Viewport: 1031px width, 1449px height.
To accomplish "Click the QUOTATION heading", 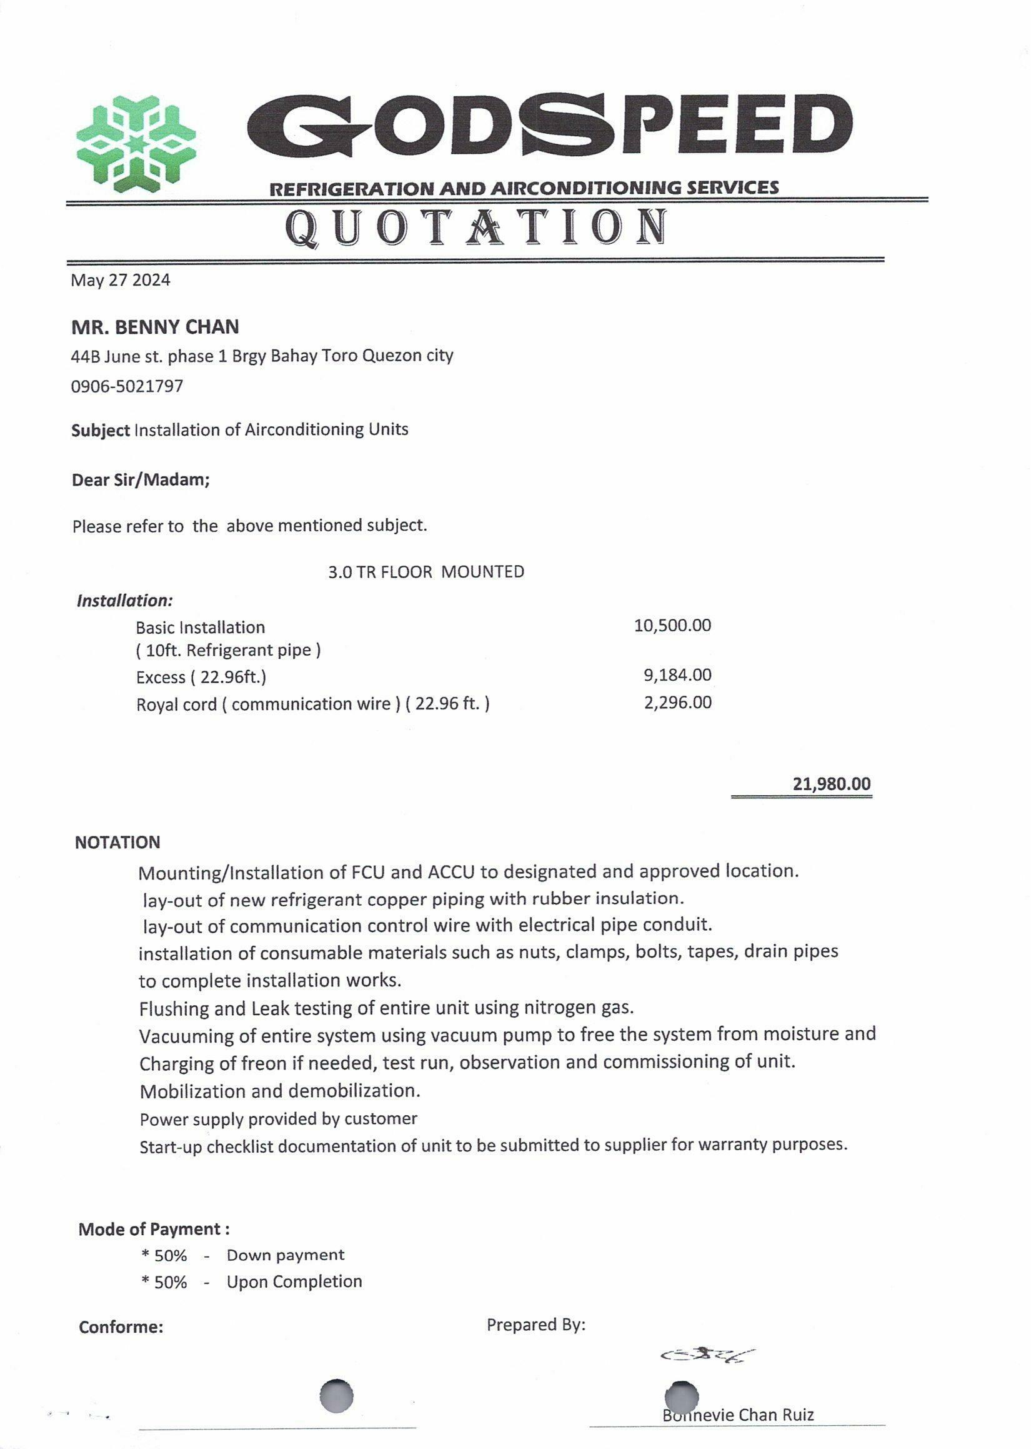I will (x=476, y=229).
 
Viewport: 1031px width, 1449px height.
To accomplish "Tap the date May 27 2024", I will (x=120, y=280).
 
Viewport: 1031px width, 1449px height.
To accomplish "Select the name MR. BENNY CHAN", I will (x=155, y=327).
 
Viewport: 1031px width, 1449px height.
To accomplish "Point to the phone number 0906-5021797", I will (x=127, y=386).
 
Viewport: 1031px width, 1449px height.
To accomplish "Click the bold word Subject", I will (x=101, y=430).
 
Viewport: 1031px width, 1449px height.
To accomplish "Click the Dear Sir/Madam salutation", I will (x=141, y=479).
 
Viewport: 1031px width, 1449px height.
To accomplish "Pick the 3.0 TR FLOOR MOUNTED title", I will (x=426, y=571).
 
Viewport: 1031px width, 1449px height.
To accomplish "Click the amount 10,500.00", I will (x=672, y=626).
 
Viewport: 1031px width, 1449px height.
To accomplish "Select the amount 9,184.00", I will (x=677, y=675).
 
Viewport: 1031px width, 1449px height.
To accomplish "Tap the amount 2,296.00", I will (x=677, y=702).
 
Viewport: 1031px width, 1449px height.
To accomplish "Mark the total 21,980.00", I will (x=831, y=783).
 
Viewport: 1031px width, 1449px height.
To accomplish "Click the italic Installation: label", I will (x=124, y=600).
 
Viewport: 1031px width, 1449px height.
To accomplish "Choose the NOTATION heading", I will (x=117, y=843).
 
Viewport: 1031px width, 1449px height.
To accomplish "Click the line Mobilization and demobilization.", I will (x=279, y=1091).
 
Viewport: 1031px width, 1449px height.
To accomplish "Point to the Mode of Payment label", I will (x=154, y=1230).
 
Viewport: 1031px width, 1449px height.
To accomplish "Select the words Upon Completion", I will (x=294, y=1282).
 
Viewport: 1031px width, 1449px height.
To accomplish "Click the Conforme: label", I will (x=121, y=1327).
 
